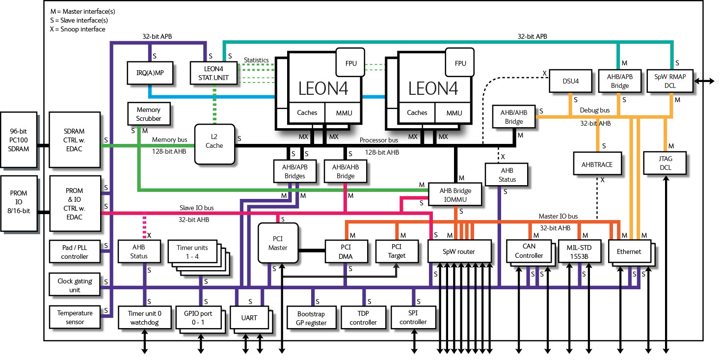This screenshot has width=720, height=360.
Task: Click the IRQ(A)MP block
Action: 150,73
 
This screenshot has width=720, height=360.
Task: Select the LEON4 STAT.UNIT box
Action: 214,73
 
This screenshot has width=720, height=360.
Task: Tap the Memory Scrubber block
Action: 149,114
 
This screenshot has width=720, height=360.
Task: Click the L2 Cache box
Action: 214,144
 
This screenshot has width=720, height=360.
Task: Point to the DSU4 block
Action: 570,81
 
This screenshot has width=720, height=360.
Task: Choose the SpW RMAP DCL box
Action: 670,81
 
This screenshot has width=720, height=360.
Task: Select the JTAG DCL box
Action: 665,163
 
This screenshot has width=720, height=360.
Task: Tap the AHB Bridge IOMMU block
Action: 455,194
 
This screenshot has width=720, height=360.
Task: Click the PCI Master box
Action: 278,243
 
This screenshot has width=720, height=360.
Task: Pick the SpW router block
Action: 459,251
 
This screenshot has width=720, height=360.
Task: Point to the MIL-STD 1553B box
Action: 579,251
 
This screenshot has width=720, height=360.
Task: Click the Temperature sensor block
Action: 75,317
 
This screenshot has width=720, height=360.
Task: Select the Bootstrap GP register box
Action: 311,318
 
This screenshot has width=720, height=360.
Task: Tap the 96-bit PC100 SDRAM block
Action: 19,140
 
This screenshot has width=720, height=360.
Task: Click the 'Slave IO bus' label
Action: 196,208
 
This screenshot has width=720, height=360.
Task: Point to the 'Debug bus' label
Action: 595,110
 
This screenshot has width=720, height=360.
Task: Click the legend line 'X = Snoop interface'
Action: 78,29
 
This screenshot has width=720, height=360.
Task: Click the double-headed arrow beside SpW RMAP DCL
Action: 704,81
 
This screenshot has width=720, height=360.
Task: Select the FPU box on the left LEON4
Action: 350,62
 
